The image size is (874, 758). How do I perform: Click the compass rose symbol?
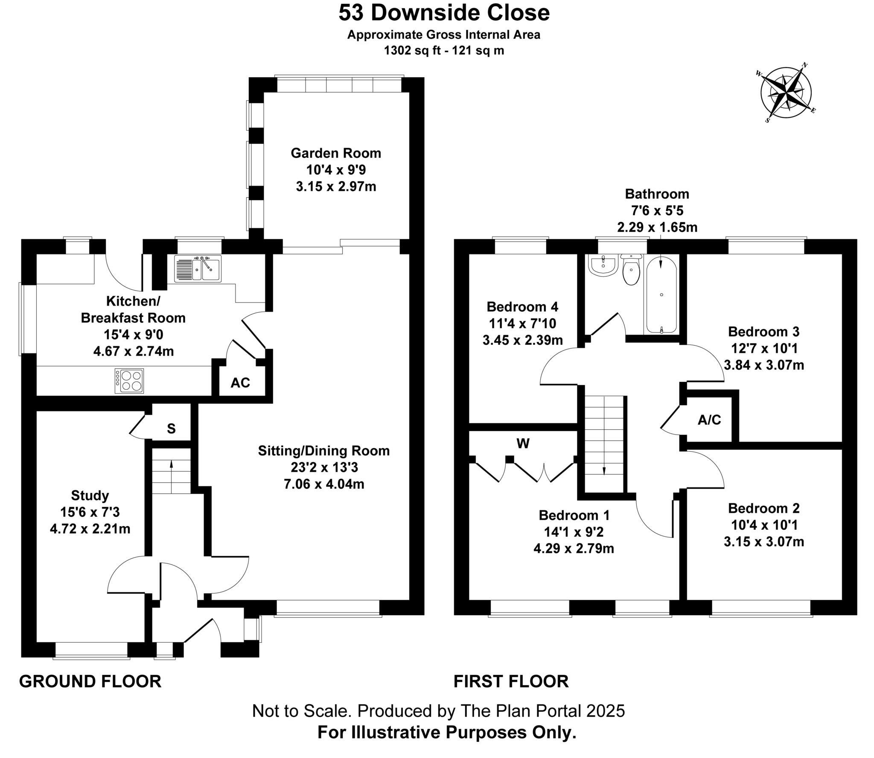pyautogui.click(x=786, y=93)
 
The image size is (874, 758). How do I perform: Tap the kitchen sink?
pyautogui.click(x=198, y=268)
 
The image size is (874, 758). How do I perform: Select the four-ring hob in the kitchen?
pyautogui.click(x=129, y=381)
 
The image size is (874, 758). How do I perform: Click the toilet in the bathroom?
pyautogui.click(x=631, y=269)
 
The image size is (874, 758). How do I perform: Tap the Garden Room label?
pyautogui.click(x=336, y=153)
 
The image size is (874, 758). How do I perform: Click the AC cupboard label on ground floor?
pyautogui.click(x=240, y=383)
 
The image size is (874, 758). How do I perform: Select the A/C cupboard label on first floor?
pyautogui.click(x=709, y=420)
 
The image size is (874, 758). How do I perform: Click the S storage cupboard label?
pyautogui.click(x=171, y=429)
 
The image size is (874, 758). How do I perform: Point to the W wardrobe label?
pyautogui.click(x=523, y=444)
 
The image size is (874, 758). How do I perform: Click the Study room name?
pyautogui.click(x=90, y=496)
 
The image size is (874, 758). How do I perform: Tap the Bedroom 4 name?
pyautogui.click(x=522, y=306)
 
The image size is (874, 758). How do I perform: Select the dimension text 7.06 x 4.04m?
pyautogui.click(x=324, y=484)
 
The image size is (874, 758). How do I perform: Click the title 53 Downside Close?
pyautogui.click(x=444, y=12)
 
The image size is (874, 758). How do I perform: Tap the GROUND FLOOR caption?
pyautogui.click(x=90, y=682)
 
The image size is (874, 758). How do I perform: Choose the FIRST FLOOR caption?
pyautogui.click(x=511, y=682)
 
